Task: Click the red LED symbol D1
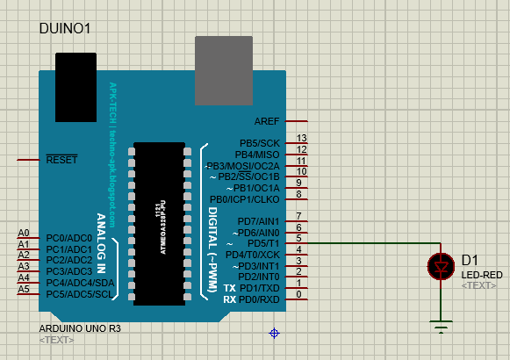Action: click(440, 266)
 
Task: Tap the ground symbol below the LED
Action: click(440, 325)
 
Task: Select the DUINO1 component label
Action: click(66, 29)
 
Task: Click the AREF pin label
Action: click(267, 121)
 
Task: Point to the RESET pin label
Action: click(61, 160)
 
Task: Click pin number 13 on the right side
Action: click(301, 139)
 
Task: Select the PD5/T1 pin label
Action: click(262, 243)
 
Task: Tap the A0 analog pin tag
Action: click(24, 233)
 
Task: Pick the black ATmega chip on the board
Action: click(159, 223)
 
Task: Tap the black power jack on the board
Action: click(75, 86)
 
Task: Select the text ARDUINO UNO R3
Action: click(80, 328)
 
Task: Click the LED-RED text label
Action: click(482, 275)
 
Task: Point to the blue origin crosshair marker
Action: click(274, 333)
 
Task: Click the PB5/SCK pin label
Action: click(259, 143)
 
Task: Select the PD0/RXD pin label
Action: click(260, 299)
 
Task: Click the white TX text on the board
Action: click(229, 288)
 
